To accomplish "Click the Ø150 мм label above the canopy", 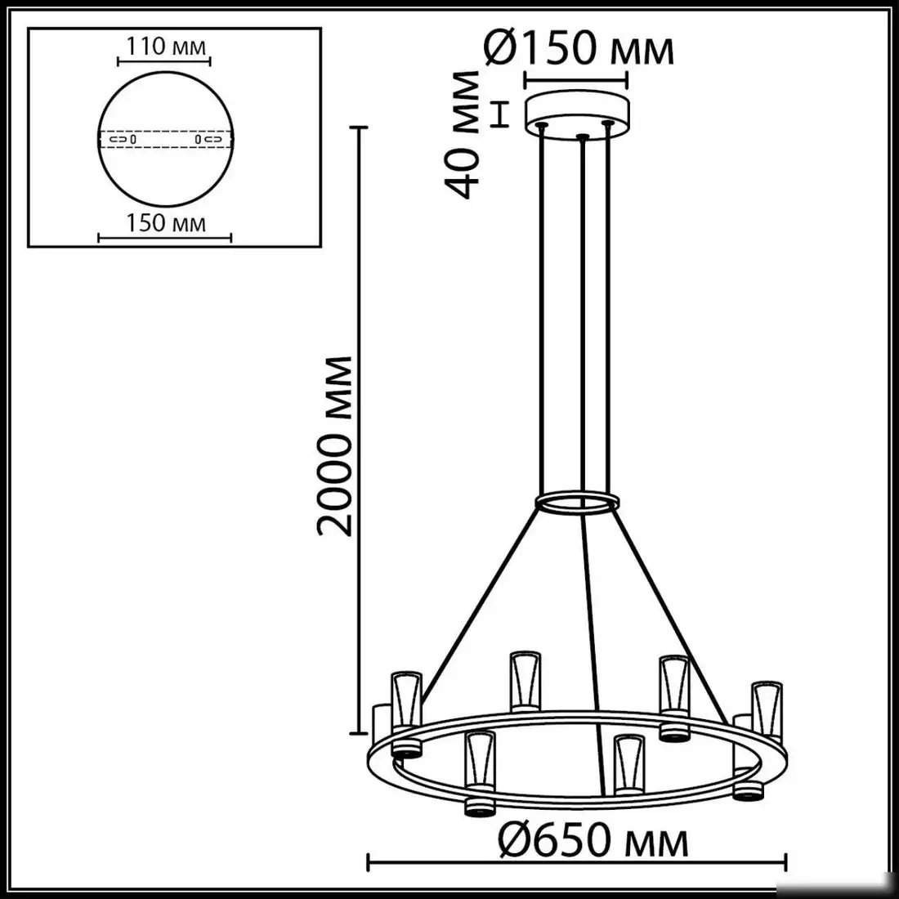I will (579, 49).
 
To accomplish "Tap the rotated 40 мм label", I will (466, 135).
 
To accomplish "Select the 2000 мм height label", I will (336, 445).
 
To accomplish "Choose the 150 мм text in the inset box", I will (166, 222).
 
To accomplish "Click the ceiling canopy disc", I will (579, 110).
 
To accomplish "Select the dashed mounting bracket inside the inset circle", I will (165, 140).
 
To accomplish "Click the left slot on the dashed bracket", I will (123, 140).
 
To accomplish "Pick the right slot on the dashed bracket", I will (208, 140).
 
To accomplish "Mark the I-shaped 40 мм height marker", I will (500, 114).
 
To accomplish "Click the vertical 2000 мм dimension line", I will (356, 429).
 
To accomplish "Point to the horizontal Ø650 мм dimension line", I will (577, 861).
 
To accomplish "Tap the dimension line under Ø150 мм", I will (575, 79).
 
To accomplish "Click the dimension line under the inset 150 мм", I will (165, 238).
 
